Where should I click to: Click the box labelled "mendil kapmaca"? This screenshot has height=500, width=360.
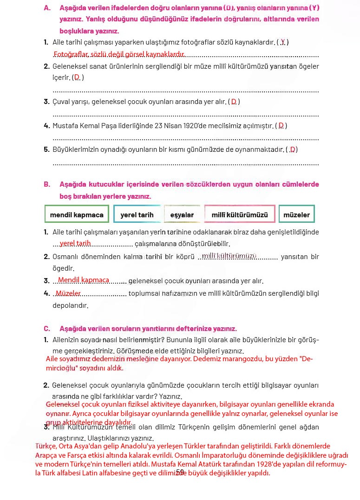77,215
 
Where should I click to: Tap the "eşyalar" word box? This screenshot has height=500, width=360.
182,215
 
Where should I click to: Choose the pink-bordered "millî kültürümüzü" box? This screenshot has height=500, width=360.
240,215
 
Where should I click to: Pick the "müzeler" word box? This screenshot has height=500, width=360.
296,215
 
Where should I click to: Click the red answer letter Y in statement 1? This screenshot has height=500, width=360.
283,42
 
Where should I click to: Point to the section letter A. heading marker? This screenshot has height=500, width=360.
47,8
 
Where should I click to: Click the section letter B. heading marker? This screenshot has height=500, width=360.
47,184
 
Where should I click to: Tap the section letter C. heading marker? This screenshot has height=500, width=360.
47,328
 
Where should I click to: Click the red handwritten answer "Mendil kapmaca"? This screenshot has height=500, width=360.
84,280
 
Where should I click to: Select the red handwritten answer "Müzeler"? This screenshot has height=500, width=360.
68,293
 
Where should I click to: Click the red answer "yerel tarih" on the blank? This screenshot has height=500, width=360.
75,243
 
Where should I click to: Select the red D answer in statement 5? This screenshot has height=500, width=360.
293,149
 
